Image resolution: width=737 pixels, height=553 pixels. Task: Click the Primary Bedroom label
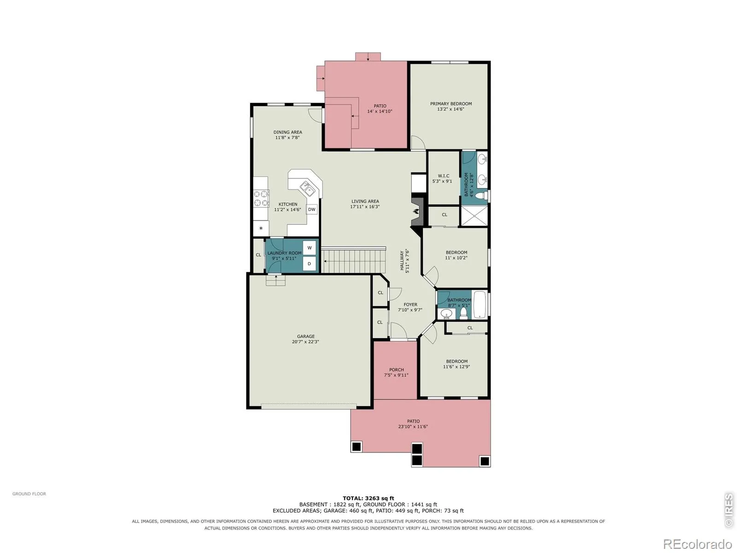click(450, 104)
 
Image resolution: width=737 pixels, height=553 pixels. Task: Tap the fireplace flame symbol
click(415, 212)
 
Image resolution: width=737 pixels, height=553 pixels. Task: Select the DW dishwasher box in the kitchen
click(311, 209)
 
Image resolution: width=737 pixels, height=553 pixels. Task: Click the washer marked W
click(309, 248)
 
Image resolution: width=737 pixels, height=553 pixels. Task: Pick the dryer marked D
click(309, 264)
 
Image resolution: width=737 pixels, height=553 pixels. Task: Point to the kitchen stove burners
click(261, 198)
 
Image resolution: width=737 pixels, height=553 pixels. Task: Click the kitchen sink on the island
click(307, 188)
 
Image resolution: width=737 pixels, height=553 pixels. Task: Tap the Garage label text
click(305, 336)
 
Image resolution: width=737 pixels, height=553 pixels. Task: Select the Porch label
click(396, 370)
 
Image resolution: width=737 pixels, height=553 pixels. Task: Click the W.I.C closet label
click(443, 176)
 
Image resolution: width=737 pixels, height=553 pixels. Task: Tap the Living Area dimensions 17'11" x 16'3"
click(365, 207)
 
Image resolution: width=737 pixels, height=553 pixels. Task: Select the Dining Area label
click(287, 132)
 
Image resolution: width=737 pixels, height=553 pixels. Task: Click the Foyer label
click(410, 305)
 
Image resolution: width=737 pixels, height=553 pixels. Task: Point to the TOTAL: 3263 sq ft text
click(368, 498)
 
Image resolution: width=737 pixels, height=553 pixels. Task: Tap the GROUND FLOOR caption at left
click(29, 494)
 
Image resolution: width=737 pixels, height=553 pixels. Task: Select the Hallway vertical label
click(402, 260)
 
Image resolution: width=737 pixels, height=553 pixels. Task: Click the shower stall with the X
click(474, 216)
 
